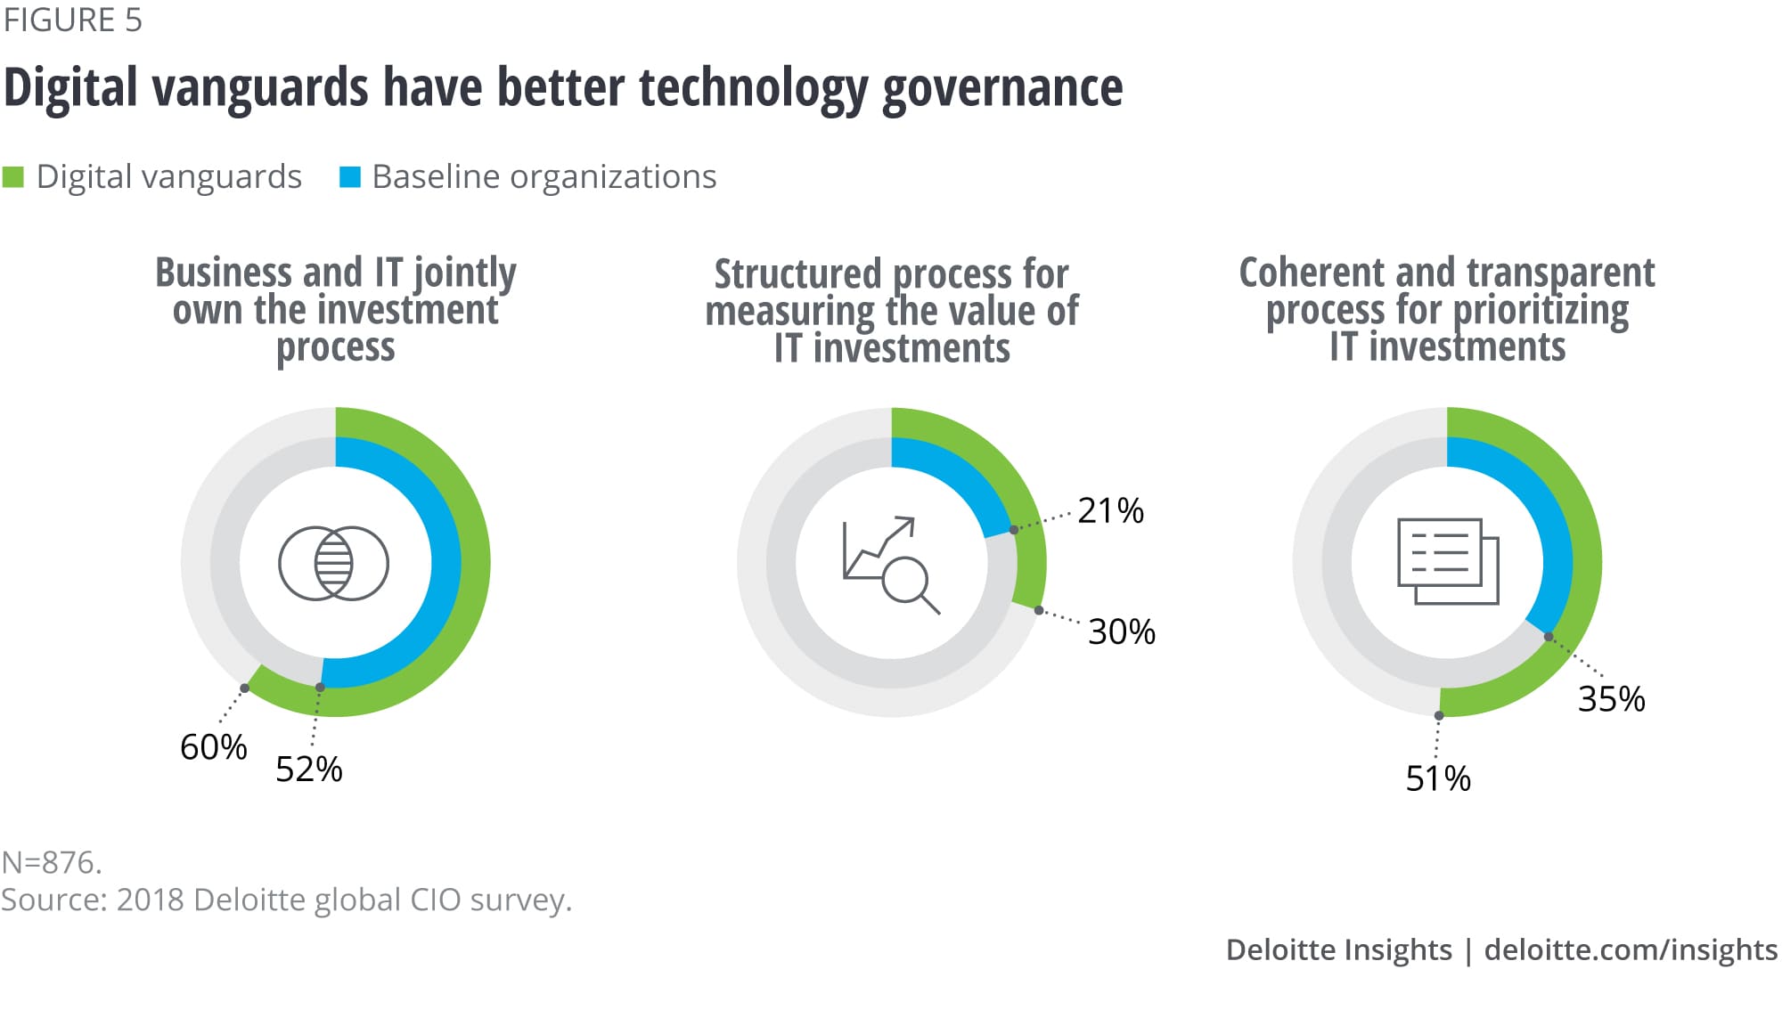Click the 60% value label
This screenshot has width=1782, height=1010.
point(213,747)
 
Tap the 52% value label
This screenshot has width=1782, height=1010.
point(308,770)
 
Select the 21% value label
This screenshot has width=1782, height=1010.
point(1110,511)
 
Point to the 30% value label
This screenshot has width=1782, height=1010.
point(1121,632)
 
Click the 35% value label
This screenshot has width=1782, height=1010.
point(1611,699)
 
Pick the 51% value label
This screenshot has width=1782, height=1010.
point(1437,779)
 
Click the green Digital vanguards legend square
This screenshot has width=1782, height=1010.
point(13,177)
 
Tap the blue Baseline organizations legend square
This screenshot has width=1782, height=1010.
point(350,177)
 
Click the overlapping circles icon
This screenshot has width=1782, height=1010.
point(333,563)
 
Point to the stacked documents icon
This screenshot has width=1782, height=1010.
point(1448,561)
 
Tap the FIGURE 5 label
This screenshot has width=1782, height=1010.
point(72,20)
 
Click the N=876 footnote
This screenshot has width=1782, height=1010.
point(52,862)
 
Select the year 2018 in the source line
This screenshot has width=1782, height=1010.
point(150,900)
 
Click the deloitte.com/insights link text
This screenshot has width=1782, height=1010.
point(1630,949)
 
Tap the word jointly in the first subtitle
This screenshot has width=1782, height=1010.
point(464,273)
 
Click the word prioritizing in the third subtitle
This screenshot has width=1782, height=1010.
point(1541,311)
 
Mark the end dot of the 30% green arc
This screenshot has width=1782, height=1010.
point(1039,610)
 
